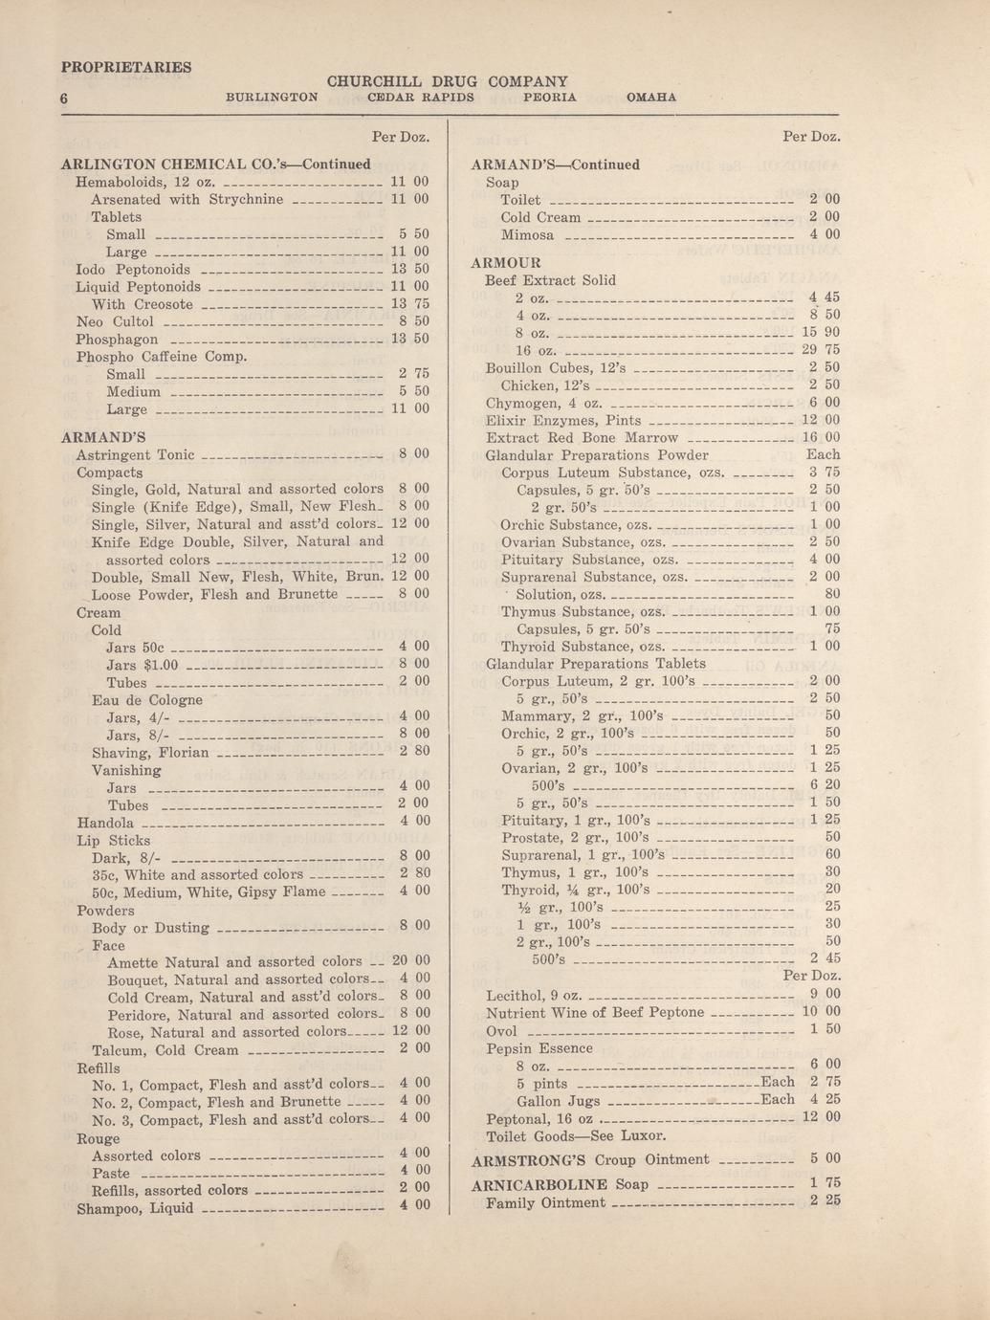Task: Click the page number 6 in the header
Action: click(x=63, y=99)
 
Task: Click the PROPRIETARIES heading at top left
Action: click(x=125, y=67)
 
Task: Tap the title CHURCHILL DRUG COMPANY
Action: click(x=448, y=81)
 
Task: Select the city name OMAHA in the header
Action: click(x=650, y=98)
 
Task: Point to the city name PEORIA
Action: click(x=550, y=98)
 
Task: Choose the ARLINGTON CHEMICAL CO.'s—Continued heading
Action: click(x=215, y=164)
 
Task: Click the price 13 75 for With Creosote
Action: click(x=410, y=304)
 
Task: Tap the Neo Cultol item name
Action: click(x=114, y=321)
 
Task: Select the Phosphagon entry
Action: click(x=117, y=339)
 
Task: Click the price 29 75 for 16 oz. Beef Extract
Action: click(x=821, y=350)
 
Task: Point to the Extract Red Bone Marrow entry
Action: click(x=582, y=437)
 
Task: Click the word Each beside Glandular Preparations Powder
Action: click(x=823, y=454)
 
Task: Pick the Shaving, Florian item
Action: click(x=150, y=752)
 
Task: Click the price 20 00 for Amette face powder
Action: click(x=410, y=961)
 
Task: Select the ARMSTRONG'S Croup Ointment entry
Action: click(x=591, y=1159)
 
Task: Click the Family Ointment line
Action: click(x=545, y=1202)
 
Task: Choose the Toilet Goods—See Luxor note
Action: click(x=576, y=1136)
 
